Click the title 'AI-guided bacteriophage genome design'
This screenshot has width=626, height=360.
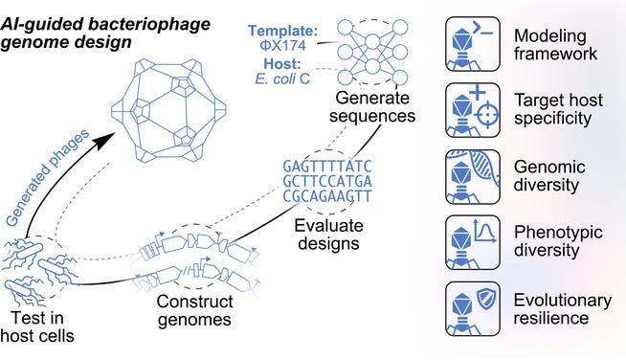tap(105, 33)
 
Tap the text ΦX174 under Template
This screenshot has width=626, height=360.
tap(282, 46)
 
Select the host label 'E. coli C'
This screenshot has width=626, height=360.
tap(282, 79)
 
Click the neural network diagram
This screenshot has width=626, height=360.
tap(372, 53)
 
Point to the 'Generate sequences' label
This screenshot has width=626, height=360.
tap(372, 106)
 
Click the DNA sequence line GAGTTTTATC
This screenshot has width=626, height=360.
tap(327, 167)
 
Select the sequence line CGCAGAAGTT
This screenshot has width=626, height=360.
tap(327, 196)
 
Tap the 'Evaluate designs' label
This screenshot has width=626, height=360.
tap(328, 235)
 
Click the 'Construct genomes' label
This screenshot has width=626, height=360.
tap(195, 310)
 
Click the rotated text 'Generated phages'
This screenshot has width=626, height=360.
tap(48, 178)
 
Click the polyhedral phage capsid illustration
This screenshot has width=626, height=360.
tap(168, 111)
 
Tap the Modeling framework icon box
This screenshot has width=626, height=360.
tap(473, 44)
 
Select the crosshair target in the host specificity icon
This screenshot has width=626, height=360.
tap(487, 115)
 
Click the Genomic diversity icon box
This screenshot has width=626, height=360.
tap(473, 177)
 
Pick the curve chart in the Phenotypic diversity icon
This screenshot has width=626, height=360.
tap(484, 231)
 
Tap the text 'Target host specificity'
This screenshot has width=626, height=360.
tap(558, 109)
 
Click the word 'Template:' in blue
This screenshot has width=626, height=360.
tap(282, 31)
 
